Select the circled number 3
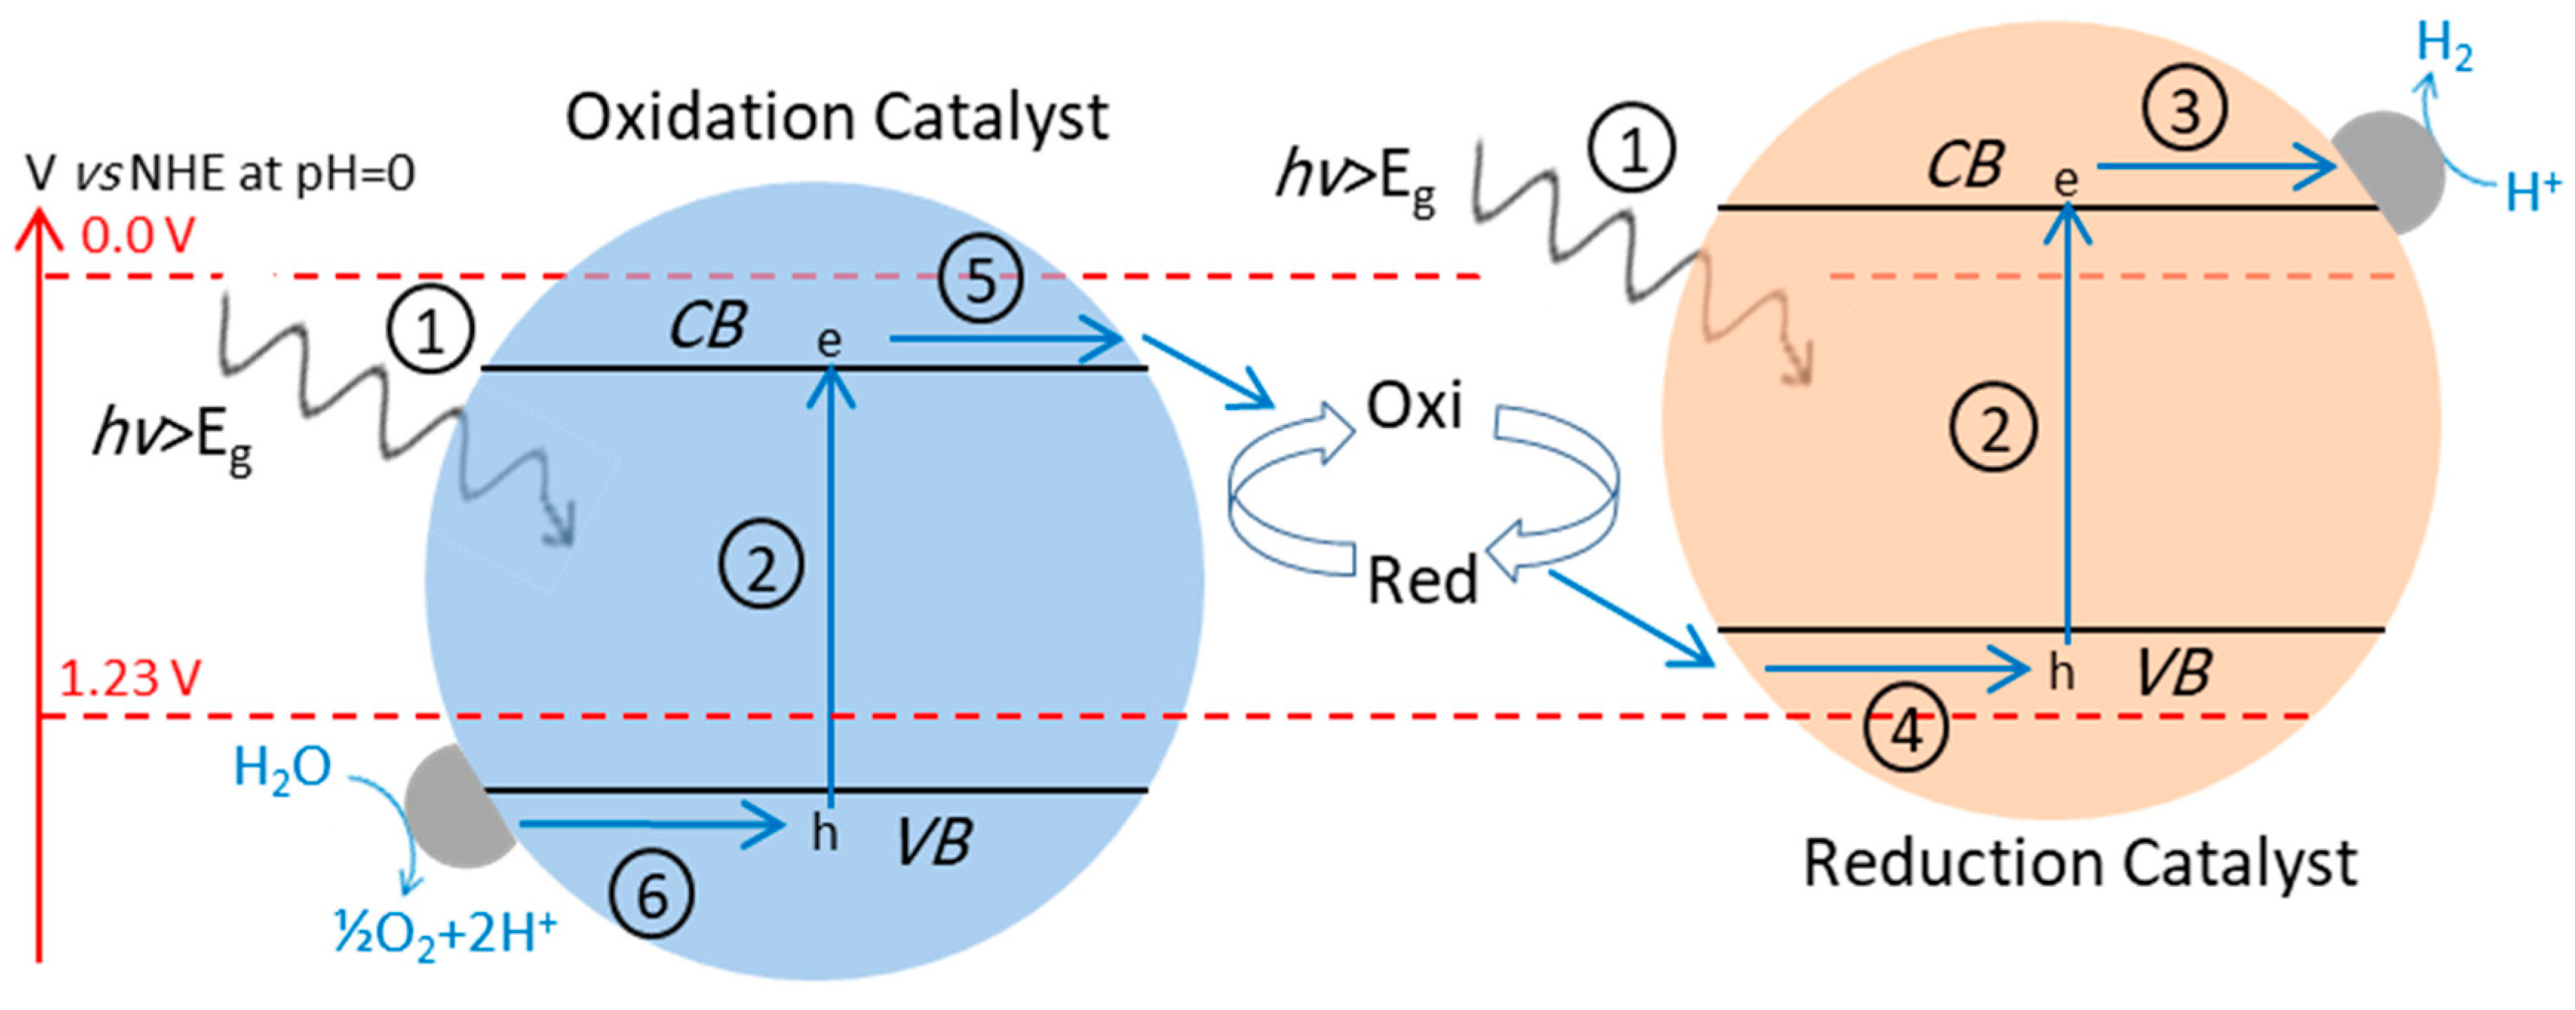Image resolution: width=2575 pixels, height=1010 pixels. point(2185,109)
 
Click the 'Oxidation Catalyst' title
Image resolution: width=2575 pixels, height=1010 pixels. point(837,119)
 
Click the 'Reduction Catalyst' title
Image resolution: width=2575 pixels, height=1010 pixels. point(2079,863)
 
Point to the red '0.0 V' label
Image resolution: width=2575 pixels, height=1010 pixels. point(137,237)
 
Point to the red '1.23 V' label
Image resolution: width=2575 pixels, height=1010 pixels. point(130,679)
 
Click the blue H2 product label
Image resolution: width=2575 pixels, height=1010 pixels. point(2444,47)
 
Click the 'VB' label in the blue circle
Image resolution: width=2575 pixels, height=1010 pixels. point(933,841)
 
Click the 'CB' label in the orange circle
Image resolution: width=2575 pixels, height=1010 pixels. point(1964,165)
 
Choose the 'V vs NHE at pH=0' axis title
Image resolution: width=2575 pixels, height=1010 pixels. point(220,174)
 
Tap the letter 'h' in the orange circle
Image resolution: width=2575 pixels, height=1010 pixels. point(2060,673)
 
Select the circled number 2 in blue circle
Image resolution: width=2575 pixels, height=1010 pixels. point(761,567)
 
